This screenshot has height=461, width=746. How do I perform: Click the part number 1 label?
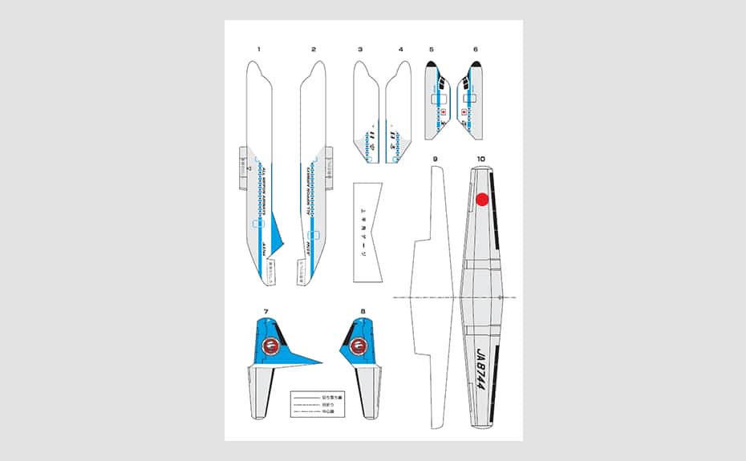click(258, 50)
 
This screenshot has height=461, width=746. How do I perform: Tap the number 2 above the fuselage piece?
click(314, 50)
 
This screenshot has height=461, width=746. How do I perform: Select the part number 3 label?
click(360, 50)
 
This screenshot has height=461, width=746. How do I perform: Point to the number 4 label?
click(401, 50)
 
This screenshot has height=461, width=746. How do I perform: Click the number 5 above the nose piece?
click(432, 50)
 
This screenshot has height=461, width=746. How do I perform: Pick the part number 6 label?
click(475, 50)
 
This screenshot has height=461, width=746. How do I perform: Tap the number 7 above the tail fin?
click(266, 311)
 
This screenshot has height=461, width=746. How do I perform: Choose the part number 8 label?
click(363, 311)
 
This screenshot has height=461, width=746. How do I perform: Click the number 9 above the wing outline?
click(435, 159)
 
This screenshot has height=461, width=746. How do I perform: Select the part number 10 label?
click(480, 159)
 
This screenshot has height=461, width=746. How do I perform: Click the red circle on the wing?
click(482, 200)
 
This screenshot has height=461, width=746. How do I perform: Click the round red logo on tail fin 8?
click(359, 347)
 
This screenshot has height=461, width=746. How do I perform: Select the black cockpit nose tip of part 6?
click(476, 64)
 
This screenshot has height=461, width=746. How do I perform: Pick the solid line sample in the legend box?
click(306, 398)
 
